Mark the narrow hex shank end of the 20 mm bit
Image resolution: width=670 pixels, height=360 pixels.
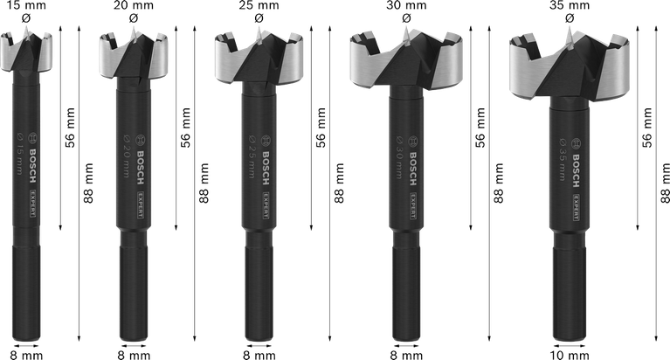(128, 297)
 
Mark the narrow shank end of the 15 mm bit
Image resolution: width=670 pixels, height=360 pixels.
(29, 297)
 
